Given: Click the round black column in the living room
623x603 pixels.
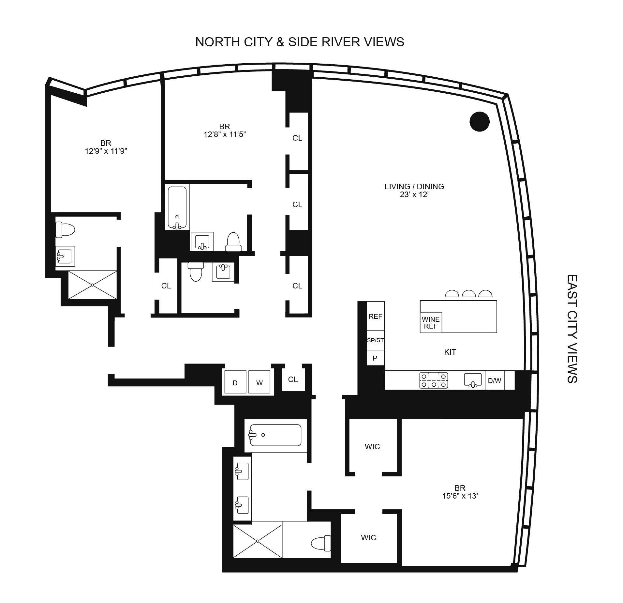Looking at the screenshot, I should point(479,121).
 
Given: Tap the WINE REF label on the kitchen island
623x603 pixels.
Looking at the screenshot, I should point(430,323).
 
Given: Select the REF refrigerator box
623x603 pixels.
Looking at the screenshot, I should point(375,316).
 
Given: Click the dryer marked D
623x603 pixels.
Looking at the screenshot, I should point(235,383).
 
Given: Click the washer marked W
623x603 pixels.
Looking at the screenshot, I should point(260,383).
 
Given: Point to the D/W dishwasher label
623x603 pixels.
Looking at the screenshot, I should point(494,380).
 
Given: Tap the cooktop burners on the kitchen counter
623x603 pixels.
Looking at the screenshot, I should point(434,380).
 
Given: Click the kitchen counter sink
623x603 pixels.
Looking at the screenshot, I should point(473,380).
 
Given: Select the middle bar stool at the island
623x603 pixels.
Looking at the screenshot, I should point(469,294).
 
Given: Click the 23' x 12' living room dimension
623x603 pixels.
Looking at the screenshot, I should point(414,195).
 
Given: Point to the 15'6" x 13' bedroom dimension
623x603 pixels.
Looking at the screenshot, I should point(460,496).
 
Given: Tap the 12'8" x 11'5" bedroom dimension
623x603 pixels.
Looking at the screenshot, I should point(225,134).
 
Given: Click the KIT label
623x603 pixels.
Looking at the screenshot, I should point(450,352).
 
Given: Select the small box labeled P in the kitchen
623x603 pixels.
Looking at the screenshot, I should point(375,358).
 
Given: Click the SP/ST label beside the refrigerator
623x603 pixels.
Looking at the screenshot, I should point(375,340).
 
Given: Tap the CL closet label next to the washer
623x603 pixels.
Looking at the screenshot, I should point(293,379).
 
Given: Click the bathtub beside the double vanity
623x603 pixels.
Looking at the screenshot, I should point(275,435).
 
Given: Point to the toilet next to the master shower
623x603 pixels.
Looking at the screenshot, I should point(320,543).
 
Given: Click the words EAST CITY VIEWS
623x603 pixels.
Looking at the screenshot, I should point(572,329).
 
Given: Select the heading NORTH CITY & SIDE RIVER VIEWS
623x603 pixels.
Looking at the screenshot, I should point(300,42).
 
